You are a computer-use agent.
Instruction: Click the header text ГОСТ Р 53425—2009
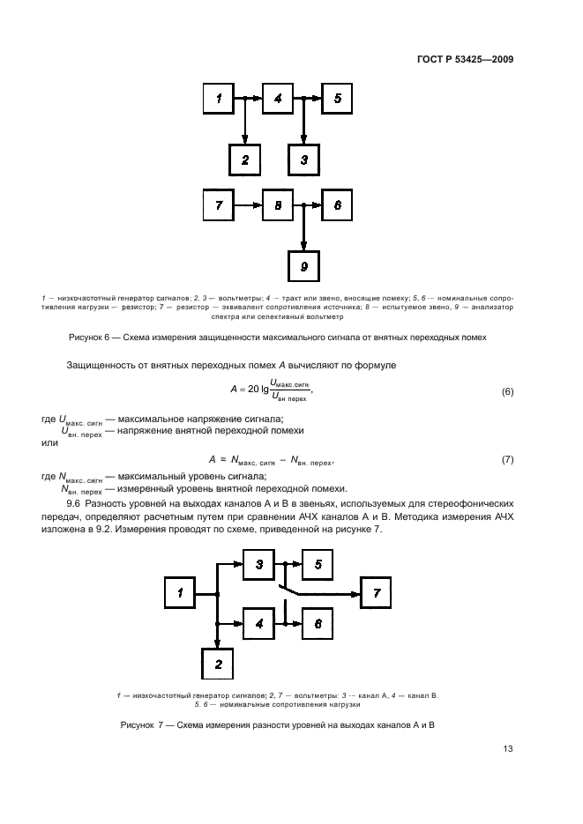point(466,61)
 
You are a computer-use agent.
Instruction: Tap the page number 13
point(507,749)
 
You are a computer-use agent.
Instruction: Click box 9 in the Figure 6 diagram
point(304,265)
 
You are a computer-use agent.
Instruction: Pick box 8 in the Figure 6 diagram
point(278,205)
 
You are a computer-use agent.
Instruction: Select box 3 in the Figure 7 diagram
point(259,564)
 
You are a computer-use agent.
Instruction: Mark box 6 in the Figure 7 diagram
point(318,623)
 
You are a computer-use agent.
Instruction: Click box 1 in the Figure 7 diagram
point(180,594)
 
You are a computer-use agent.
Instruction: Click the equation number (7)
point(506,460)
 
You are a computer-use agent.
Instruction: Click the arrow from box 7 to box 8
point(248,205)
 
